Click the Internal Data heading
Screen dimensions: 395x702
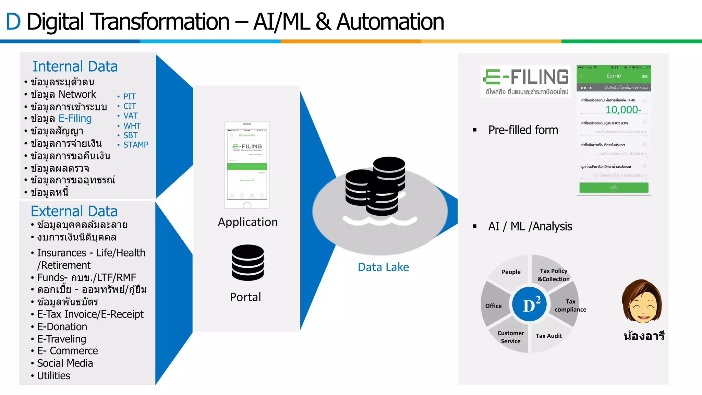[75, 67]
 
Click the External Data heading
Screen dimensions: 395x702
[74, 211]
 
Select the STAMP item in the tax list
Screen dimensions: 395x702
[135, 145]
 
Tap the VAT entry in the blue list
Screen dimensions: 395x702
[130, 116]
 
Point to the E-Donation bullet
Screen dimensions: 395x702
[62, 326]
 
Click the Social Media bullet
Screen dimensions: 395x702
[65, 363]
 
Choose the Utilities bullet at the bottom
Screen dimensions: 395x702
[53, 375]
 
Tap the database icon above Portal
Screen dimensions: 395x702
[247, 262]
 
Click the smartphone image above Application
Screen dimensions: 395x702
[247, 165]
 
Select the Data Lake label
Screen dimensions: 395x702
[383, 267]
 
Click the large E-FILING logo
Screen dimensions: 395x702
[526, 81]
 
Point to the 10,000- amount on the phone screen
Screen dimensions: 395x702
[623, 110]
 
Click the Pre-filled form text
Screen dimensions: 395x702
[523, 130]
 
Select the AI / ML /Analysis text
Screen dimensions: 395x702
[530, 226]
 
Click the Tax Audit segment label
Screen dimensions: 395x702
[549, 336]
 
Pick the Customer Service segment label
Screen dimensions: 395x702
[511, 337]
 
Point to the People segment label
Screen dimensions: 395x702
[511, 272]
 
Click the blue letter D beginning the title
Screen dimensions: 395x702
[13, 22]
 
